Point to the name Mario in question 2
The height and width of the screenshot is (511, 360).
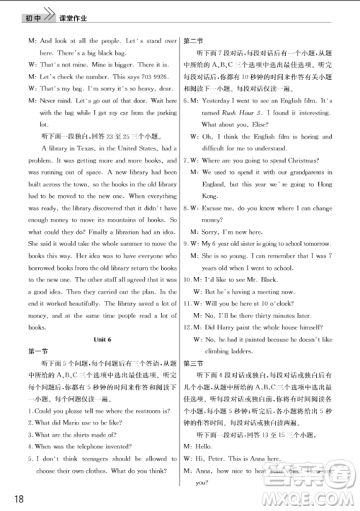81,422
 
